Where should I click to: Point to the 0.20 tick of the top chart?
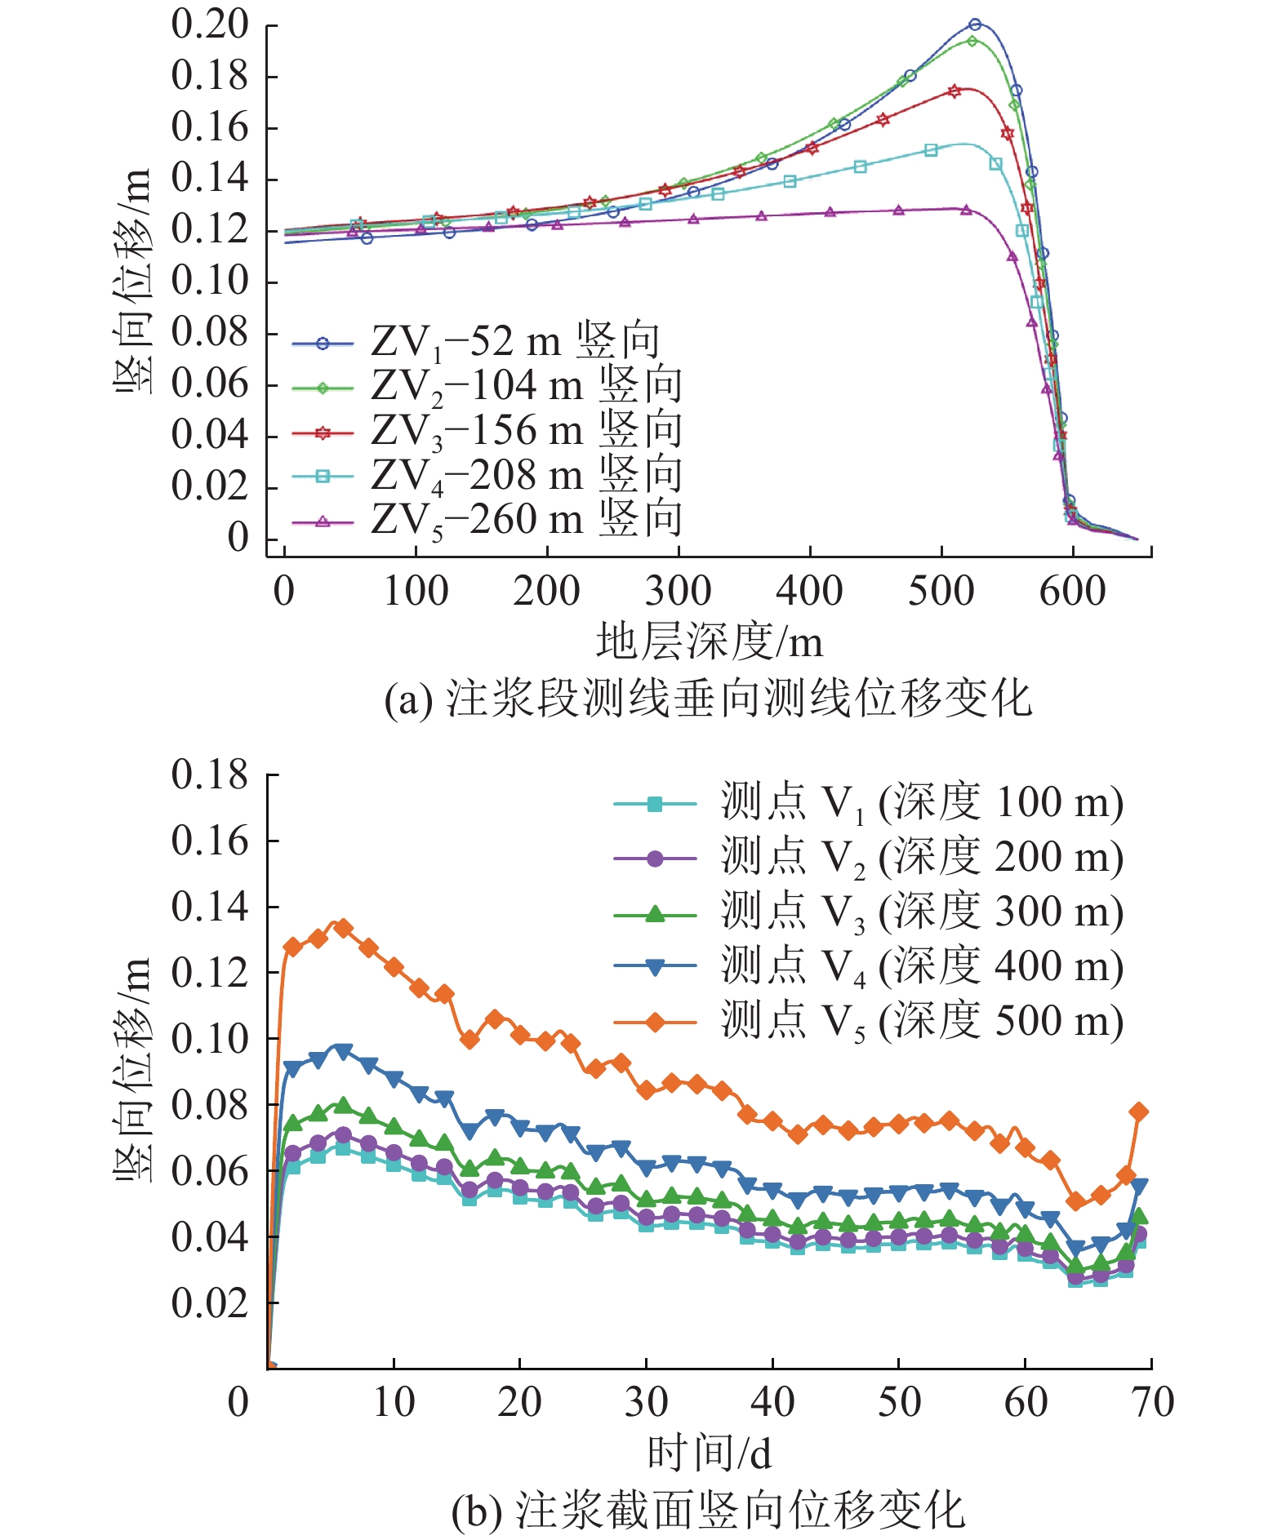tap(210, 24)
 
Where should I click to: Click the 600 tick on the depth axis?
tap(1072, 591)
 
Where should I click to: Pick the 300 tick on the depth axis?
tap(678, 591)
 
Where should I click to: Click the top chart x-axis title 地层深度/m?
tap(709, 641)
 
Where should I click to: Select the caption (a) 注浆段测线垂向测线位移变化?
tap(708, 699)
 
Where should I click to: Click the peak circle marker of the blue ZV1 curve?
tap(975, 24)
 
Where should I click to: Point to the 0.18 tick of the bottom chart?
tap(210, 774)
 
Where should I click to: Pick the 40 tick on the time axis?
tap(772, 1402)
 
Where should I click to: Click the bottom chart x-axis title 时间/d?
tap(709, 1453)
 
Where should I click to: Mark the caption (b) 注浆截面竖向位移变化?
tap(708, 1510)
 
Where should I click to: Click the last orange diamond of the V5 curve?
tap(1139, 1112)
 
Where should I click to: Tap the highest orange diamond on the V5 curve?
tap(343, 928)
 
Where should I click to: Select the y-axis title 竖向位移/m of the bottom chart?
tap(132, 1069)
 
